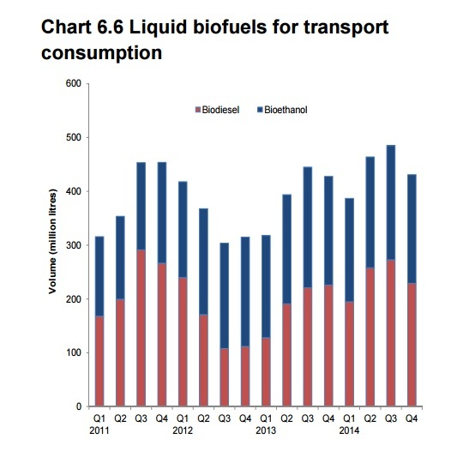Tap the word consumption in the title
pyautogui.click(x=101, y=53)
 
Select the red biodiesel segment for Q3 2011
pyautogui.click(x=141, y=328)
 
